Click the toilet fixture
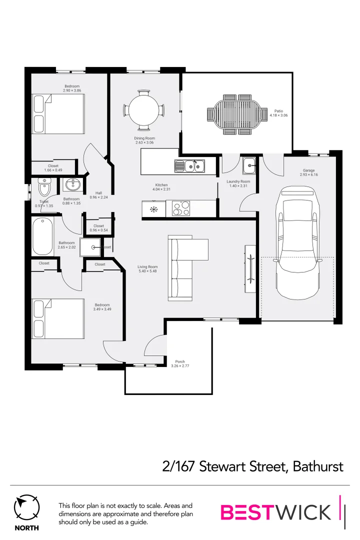[x=44, y=188]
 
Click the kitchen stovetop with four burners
[x=181, y=208]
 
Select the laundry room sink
[x=248, y=164]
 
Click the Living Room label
[x=147, y=267]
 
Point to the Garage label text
[x=308, y=170]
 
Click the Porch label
[x=180, y=361]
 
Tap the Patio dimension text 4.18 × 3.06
[x=278, y=115]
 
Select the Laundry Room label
[x=238, y=181]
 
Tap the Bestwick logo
[x=276, y=512]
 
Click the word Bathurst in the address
[x=318, y=466]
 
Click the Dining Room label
[x=144, y=138]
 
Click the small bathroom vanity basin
[x=73, y=185]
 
